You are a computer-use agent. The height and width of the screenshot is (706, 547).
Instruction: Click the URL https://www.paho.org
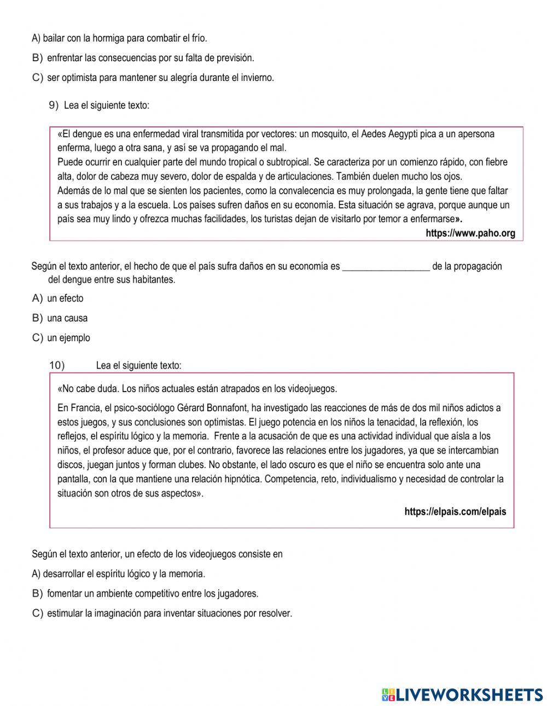(470, 234)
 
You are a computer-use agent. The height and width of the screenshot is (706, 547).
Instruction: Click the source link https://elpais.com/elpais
(455, 512)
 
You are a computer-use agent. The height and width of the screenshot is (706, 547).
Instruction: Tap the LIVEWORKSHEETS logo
(462, 694)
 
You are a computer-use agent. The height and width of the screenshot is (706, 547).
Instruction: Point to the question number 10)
(57, 365)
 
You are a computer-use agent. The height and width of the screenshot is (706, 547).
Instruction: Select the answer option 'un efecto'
(65, 299)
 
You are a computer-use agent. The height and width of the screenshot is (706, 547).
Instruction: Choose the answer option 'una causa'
(67, 318)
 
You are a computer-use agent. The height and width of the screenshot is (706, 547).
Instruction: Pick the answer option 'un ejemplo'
(68, 338)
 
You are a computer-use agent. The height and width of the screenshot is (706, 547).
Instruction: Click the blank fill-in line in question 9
(386, 267)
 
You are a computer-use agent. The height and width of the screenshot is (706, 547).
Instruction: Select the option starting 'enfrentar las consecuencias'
(150, 58)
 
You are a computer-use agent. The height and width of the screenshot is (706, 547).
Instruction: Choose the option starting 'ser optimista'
(160, 78)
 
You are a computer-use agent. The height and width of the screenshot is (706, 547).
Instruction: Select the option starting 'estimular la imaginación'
(170, 614)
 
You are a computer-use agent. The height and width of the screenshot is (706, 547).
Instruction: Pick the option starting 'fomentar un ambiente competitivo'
(153, 594)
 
